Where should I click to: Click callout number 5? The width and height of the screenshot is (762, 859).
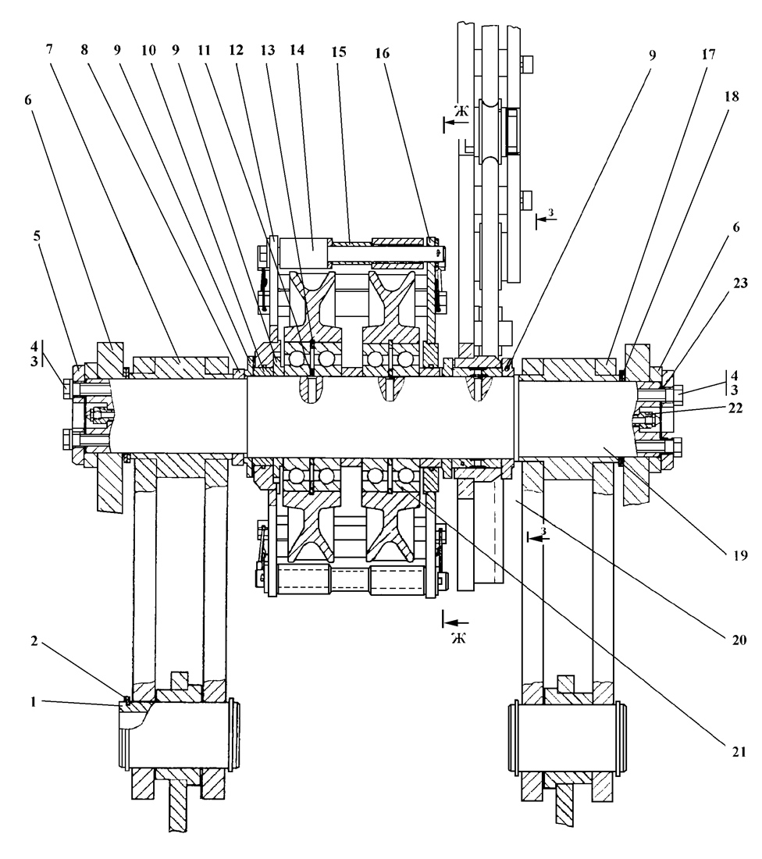37,236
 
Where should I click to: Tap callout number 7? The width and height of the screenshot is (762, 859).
49,49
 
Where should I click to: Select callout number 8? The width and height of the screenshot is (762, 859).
84,49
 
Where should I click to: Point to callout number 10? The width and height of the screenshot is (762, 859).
148,50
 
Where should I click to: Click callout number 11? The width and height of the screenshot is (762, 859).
204,50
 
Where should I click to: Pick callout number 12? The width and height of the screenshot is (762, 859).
236,50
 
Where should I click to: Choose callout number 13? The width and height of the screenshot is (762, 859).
267,50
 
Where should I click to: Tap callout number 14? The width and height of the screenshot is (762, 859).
297,50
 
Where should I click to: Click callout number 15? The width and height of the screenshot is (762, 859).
339,52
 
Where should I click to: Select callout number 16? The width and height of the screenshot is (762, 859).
382,53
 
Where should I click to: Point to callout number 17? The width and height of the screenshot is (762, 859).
708,54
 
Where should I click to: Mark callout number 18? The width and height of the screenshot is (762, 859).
732,96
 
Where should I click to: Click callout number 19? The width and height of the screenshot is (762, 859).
739,555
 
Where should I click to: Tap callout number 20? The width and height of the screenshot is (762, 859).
739,640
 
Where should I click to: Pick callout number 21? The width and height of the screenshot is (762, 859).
739,752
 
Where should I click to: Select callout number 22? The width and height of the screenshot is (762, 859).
735,408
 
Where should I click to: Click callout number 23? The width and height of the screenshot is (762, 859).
740,283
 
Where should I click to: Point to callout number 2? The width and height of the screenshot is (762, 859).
34,640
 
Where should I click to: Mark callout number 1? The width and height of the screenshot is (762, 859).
33,702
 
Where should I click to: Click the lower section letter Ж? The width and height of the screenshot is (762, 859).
459,638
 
